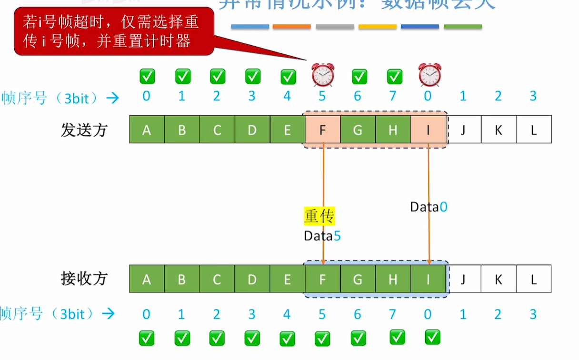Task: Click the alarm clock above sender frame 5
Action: point(323,75)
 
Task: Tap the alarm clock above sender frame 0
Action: point(429,75)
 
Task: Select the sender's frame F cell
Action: point(323,130)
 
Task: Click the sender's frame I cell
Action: point(429,130)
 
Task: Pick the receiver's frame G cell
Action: point(358,279)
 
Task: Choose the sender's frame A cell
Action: point(147,130)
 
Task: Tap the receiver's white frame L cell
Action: point(533,279)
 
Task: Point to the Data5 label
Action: point(322,236)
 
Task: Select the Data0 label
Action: point(429,207)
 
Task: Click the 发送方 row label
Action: point(84,130)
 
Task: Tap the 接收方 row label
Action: point(84,279)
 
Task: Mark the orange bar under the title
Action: point(291,27)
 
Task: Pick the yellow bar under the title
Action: point(377,27)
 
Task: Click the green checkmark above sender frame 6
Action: point(359,76)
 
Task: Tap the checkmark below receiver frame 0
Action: point(432,337)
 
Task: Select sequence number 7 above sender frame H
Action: point(393,96)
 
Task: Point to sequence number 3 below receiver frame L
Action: point(533,314)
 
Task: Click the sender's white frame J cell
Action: point(463,130)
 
